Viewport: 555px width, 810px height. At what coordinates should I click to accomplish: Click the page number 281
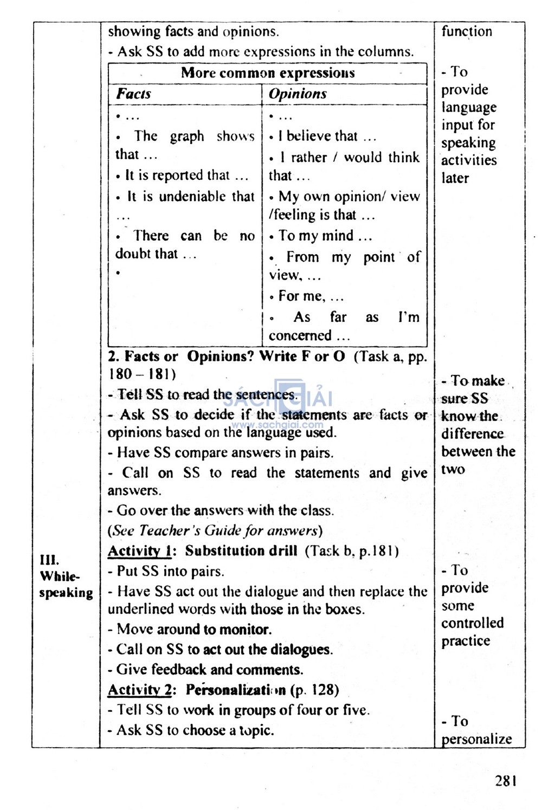tap(505, 781)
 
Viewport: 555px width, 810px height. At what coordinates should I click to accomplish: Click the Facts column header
tap(133, 94)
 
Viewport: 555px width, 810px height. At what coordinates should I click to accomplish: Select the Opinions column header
tap(298, 94)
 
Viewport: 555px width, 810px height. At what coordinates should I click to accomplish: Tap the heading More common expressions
tap(268, 73)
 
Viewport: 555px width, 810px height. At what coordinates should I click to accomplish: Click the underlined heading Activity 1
tap(139, 551)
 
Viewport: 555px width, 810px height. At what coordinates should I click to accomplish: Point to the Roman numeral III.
tap(49, 560)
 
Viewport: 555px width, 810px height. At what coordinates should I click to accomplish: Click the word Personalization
tap(235, 690)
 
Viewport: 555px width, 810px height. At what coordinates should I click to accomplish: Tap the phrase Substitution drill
tap(241, 551)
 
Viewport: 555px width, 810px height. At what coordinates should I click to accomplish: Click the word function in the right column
tap(467, 31)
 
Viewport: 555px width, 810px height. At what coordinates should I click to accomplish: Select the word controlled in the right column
tap(472, 623)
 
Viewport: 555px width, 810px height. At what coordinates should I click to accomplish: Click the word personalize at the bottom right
tap(476, 739)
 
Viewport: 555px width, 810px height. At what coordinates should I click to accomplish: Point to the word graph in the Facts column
tap(187, 137)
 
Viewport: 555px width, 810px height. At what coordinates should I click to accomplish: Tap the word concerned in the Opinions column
tap(300, 335)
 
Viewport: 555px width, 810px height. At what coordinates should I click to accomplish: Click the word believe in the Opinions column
tap(307, 136)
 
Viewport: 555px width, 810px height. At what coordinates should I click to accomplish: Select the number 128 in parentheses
tap(323, 690)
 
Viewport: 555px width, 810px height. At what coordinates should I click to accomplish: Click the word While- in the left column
tap(60, 576)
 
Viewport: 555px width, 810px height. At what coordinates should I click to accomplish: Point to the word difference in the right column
tap(472, 434)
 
